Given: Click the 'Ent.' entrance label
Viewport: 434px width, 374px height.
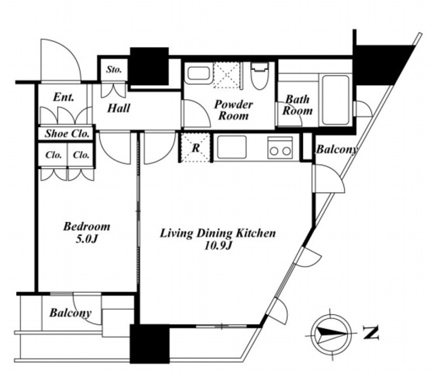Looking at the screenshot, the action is coord(64,97).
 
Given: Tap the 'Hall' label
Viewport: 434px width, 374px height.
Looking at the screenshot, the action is coord(119,108).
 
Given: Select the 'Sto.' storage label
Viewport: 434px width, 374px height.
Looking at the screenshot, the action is coord(114,69).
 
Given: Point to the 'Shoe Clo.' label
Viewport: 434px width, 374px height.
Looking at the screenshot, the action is coord(67,134).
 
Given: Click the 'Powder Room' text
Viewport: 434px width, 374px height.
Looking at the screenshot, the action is coord(233,110).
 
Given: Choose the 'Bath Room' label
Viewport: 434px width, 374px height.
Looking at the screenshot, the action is coord(297,105).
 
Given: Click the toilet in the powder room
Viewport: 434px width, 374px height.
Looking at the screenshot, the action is coord(260,75).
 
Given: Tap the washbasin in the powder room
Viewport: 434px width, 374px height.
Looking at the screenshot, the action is coord(198,73).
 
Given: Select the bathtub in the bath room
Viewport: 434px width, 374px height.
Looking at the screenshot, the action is coord(335,100).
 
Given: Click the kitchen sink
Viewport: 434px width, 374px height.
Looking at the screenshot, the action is coord(232,147).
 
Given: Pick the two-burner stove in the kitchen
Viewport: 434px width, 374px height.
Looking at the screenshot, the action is coord(280,148).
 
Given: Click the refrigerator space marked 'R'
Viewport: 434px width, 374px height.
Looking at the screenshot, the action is coord(195,147).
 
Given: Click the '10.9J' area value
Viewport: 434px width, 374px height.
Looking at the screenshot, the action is coord(218,246).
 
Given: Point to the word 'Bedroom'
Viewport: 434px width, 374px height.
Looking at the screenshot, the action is coord(87,227).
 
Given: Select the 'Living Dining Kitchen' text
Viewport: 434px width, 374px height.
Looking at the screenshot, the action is coord(218,233).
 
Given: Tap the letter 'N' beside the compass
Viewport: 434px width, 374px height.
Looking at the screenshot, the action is coord(371,333).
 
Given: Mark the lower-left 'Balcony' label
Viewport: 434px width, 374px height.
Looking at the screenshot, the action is coord(71,313).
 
